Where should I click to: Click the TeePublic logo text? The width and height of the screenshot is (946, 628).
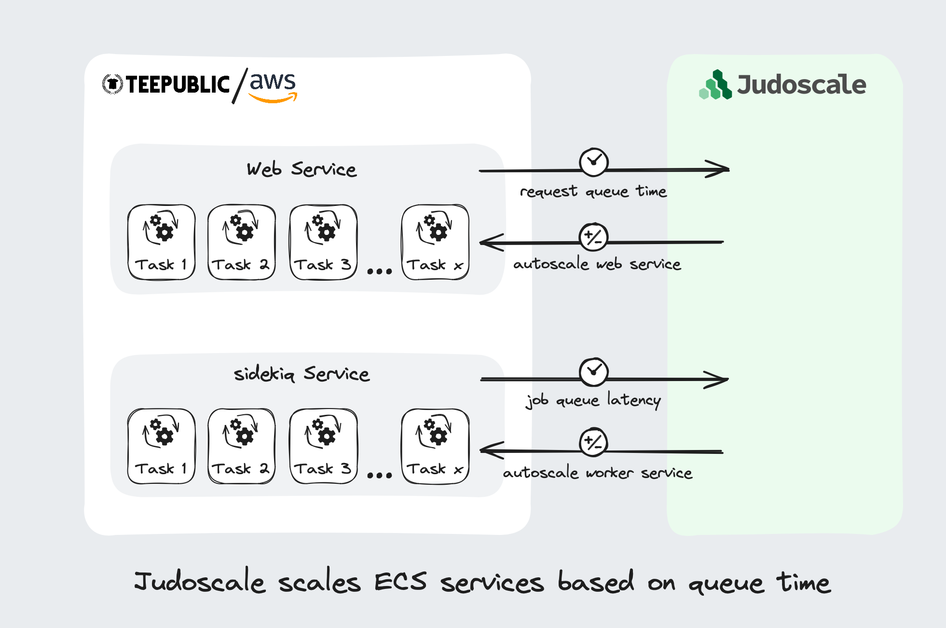coord(178,85)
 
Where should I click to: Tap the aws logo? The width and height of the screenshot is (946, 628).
coord(273,86)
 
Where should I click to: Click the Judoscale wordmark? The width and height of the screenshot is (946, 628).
coord(801,85)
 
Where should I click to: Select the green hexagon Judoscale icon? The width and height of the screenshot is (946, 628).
coord(716,86)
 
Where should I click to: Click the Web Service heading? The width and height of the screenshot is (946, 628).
coord(302,169)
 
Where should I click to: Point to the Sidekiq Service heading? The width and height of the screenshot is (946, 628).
coord(302,374)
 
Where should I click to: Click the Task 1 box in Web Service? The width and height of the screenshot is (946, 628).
coord(162,242)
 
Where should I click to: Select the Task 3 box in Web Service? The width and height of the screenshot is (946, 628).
coord(323,242)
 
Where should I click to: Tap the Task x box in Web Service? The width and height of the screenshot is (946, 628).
coord(435,242)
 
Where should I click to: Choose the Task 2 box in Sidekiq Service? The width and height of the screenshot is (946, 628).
coord(242,446)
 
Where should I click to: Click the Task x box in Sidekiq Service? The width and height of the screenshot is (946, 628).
coord(435,446)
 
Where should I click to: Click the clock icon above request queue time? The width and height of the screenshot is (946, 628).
coord(593,162)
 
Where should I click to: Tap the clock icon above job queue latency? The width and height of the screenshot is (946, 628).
coord(593,372)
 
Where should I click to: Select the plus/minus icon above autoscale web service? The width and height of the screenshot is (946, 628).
coord(593,237)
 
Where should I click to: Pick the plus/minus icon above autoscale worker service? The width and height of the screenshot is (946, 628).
coord(593,442)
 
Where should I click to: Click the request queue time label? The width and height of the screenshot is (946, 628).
coord(593,191)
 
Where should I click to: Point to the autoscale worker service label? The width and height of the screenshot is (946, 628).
coord(597,473)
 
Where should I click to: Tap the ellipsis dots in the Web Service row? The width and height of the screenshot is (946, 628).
coord(379,272)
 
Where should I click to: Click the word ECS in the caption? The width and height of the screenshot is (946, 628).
coord(400,582)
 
